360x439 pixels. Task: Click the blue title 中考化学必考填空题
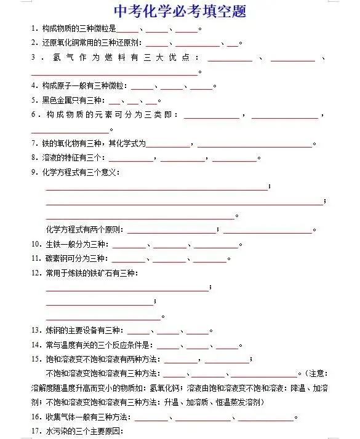click(x=180, y=12)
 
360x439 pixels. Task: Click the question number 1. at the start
click(x=34, y=29)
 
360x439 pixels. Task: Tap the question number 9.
click(x=34, y=172)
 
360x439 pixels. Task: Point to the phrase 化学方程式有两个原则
click(x=84, y=229)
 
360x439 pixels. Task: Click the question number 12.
click(x=36, y=272)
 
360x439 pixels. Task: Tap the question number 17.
click(x=36, y=432)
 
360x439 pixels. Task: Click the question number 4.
click(x=34, y=85)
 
